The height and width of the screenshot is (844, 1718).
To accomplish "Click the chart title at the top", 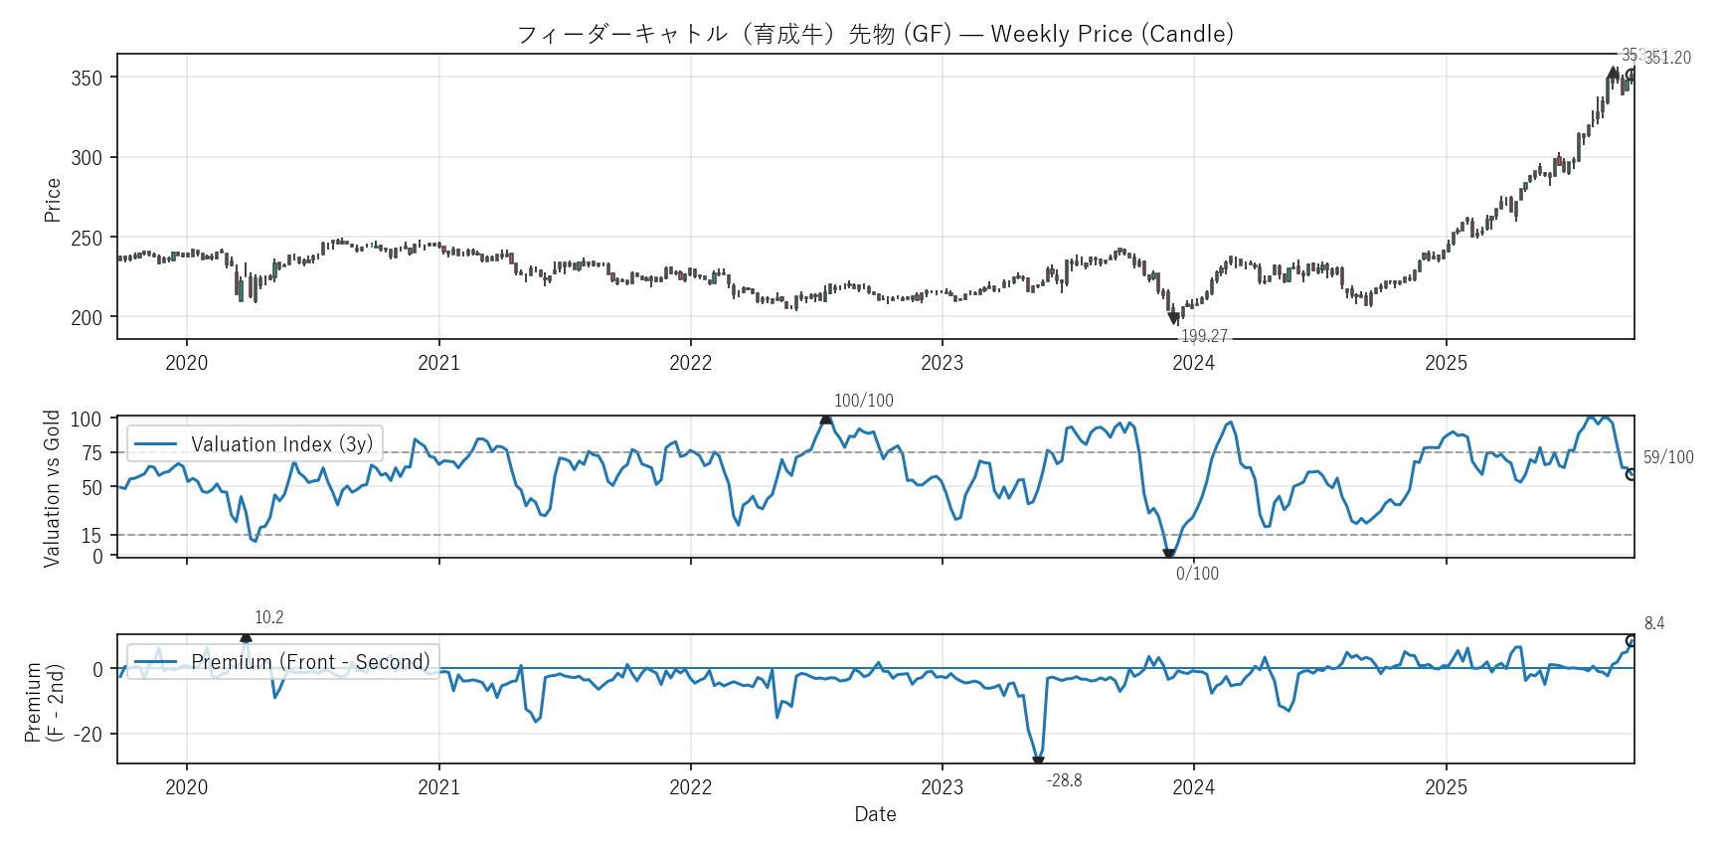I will [875, 34].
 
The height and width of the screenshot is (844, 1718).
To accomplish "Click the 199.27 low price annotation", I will [1204, 336].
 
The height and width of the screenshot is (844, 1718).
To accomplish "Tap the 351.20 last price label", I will [1667, 58].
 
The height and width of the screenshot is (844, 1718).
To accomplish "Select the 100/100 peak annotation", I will [863, 401].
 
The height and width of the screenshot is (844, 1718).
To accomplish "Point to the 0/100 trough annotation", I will [1197, 574].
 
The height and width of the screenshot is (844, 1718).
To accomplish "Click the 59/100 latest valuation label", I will [1667, 457].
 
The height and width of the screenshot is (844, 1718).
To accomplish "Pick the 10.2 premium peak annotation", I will [268, 617].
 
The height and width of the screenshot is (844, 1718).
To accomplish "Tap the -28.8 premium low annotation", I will [1064, 780].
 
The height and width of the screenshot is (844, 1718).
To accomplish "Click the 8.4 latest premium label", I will [1653, 623].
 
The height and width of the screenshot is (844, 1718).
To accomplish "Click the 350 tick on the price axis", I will [86, 78].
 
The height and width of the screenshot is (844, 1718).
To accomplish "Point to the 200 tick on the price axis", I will [86, 318].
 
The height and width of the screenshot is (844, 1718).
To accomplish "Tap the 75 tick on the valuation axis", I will [91, 453].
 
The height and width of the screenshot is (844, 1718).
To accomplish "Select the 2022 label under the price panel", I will [690, 363].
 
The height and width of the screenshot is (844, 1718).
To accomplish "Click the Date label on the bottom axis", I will [875, 814].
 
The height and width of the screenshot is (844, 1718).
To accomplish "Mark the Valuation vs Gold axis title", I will [52, 488].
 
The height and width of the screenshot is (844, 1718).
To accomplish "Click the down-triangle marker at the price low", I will [1174, 318].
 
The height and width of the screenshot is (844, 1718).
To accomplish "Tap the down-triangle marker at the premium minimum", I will [1038, 762].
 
